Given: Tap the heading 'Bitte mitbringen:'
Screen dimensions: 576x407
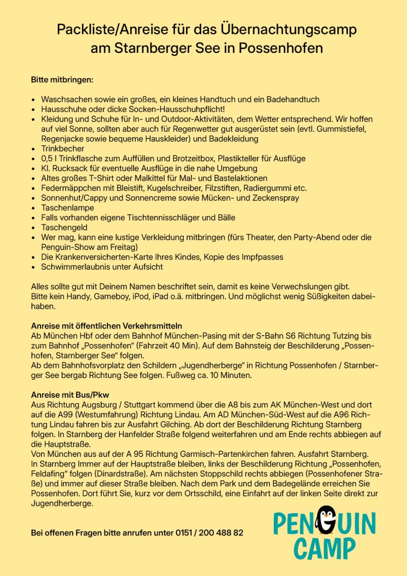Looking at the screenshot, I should (x=62, y=79).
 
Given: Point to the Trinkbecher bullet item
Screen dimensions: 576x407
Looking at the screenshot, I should (x=63, y=148).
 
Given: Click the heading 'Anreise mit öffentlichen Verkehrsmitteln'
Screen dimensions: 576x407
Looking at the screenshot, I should (x=106, y=326).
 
